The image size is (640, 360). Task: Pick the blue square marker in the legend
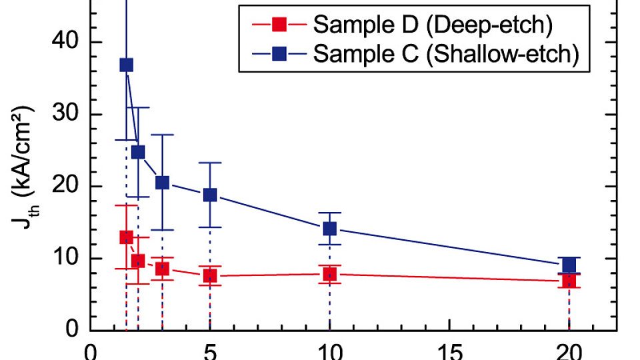pos(280,54)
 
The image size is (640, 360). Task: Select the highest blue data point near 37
pos(126,65)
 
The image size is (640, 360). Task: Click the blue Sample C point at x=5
pos(210,195)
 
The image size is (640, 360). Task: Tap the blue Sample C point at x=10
pos(329,229)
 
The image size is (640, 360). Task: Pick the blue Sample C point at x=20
pos(569,265)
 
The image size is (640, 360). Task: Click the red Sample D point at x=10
pos(329,274)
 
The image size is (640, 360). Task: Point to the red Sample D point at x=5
pos(210,276)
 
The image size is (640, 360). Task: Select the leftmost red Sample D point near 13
pos(126,237)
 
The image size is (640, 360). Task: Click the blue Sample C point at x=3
pos(162,183)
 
